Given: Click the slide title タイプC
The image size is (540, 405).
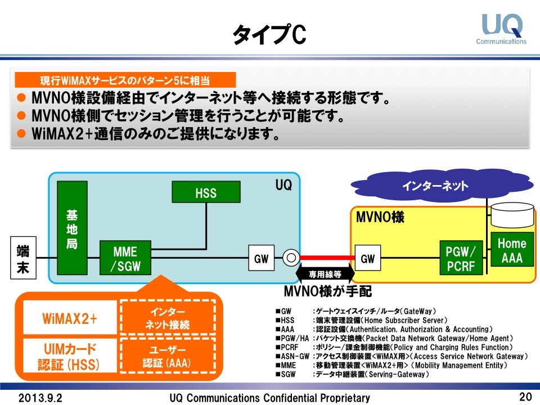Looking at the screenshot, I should coord(269,35).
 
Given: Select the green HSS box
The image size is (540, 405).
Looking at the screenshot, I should coord(206,193).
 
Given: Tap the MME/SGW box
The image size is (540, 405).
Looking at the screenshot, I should coord(125,258).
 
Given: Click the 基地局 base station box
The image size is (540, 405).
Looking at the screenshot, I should coord(72,229).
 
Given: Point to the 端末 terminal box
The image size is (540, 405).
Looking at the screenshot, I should coord(23,258).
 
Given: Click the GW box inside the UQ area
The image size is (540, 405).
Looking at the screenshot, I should coord(261,259).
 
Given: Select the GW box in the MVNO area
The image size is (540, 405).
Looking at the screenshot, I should coord(367,259).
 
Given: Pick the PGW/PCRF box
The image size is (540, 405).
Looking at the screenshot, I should coord(461,258).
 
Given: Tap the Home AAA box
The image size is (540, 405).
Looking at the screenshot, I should coord(512,251).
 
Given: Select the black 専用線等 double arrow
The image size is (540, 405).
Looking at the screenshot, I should coord(325,274).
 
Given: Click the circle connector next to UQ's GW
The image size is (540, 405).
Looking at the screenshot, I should coord(291,259).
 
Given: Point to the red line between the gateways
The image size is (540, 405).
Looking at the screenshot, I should coord(325,258).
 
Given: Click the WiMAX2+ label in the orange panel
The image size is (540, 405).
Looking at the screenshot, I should coord(70,318).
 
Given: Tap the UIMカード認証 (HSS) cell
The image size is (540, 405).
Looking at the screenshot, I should coord(69,357).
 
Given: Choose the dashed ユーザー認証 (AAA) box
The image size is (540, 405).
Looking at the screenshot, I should coord(167,357).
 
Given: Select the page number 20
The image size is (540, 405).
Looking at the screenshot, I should coord(525,397).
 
